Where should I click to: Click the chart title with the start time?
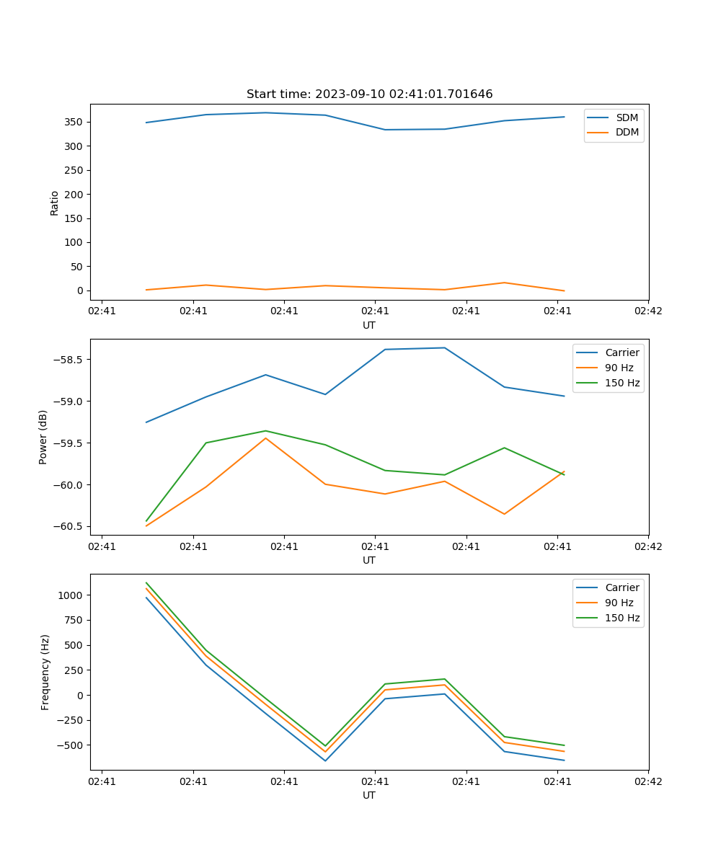pyautogui.click(x=369, y=94)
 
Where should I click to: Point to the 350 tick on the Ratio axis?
pyautogui.click(x=74, y=122)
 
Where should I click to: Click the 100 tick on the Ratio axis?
pyautogui.click(x=74, y=242)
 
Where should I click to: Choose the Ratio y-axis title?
pyautogui.click(x=55, y=202)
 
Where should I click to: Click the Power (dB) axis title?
pyautogui.click(x=43, y=437)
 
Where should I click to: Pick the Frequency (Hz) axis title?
pyautogui.click(x=45, y=672)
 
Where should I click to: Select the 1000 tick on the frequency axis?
pyautogui.click(x=71, y=595)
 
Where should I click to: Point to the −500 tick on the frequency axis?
pyautogui.click(x=71, y=745)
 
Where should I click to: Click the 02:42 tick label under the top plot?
pyautogui.click(x=648, y=311)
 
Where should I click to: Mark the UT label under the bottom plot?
pyautogui.click(x=369, y=795)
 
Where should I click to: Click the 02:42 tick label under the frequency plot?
pyautogui.click(x=648, y=781)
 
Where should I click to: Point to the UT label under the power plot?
pyautogui.click(x=369, y=560)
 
